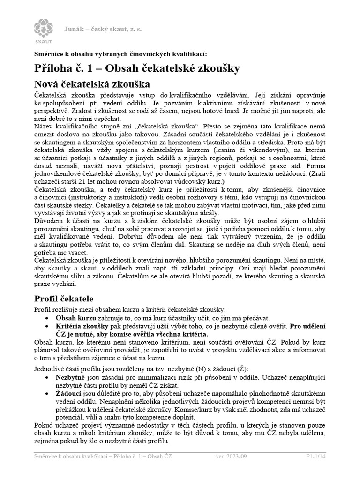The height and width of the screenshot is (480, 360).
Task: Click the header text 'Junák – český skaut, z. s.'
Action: [x=103, y=29]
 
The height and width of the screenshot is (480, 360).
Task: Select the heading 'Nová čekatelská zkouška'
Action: [x=92, y=84]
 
